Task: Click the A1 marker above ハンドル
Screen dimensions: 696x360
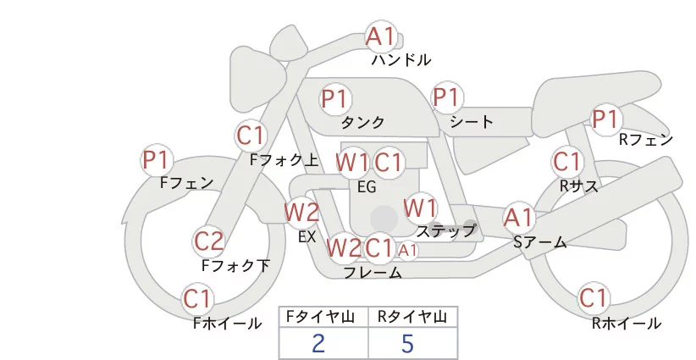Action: (380, 36)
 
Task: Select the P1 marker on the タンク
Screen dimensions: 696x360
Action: (335, 98)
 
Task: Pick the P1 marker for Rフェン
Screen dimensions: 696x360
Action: (605, 119)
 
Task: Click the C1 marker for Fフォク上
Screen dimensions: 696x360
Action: (251, 135)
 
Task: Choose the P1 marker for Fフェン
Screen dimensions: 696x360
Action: (157, 159)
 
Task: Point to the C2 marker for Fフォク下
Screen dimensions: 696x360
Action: (208, 241)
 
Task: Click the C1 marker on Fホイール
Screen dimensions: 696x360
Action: (199, 298)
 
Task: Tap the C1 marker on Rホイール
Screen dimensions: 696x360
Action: (594, 298)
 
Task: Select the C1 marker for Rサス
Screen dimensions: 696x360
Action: (566, 161)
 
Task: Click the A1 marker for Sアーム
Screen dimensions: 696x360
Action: (518, 217)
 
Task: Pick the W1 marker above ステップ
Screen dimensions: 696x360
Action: (420, 207)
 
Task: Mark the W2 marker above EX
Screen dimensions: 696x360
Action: (301, 212)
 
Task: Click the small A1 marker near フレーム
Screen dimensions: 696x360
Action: (408, 250)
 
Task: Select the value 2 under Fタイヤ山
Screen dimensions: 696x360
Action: (318, 343)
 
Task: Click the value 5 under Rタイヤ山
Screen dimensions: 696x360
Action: (407, 343)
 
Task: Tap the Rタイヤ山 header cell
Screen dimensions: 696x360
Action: (412, 317)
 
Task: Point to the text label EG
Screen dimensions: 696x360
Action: (367, 186)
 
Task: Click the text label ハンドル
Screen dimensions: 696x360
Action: (401, 60)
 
